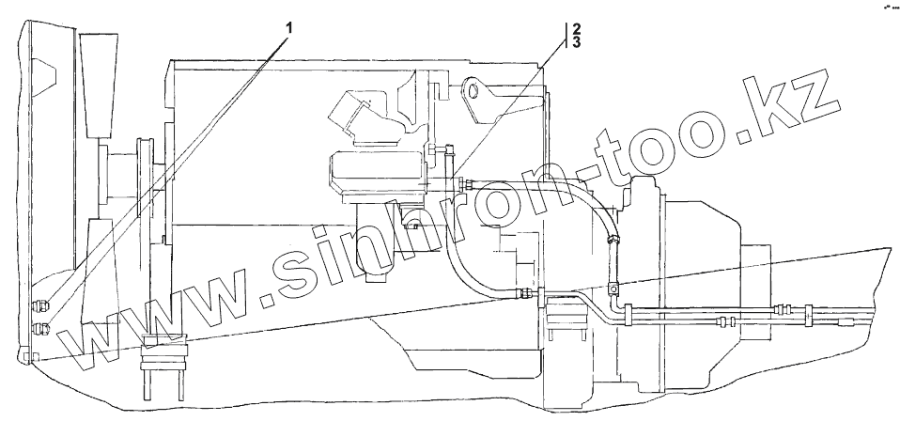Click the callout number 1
coord(289,27)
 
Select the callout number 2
coord(576,27)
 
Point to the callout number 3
coord(576,42)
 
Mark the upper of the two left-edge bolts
coord(40,305)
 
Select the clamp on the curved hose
coord(613,242)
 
